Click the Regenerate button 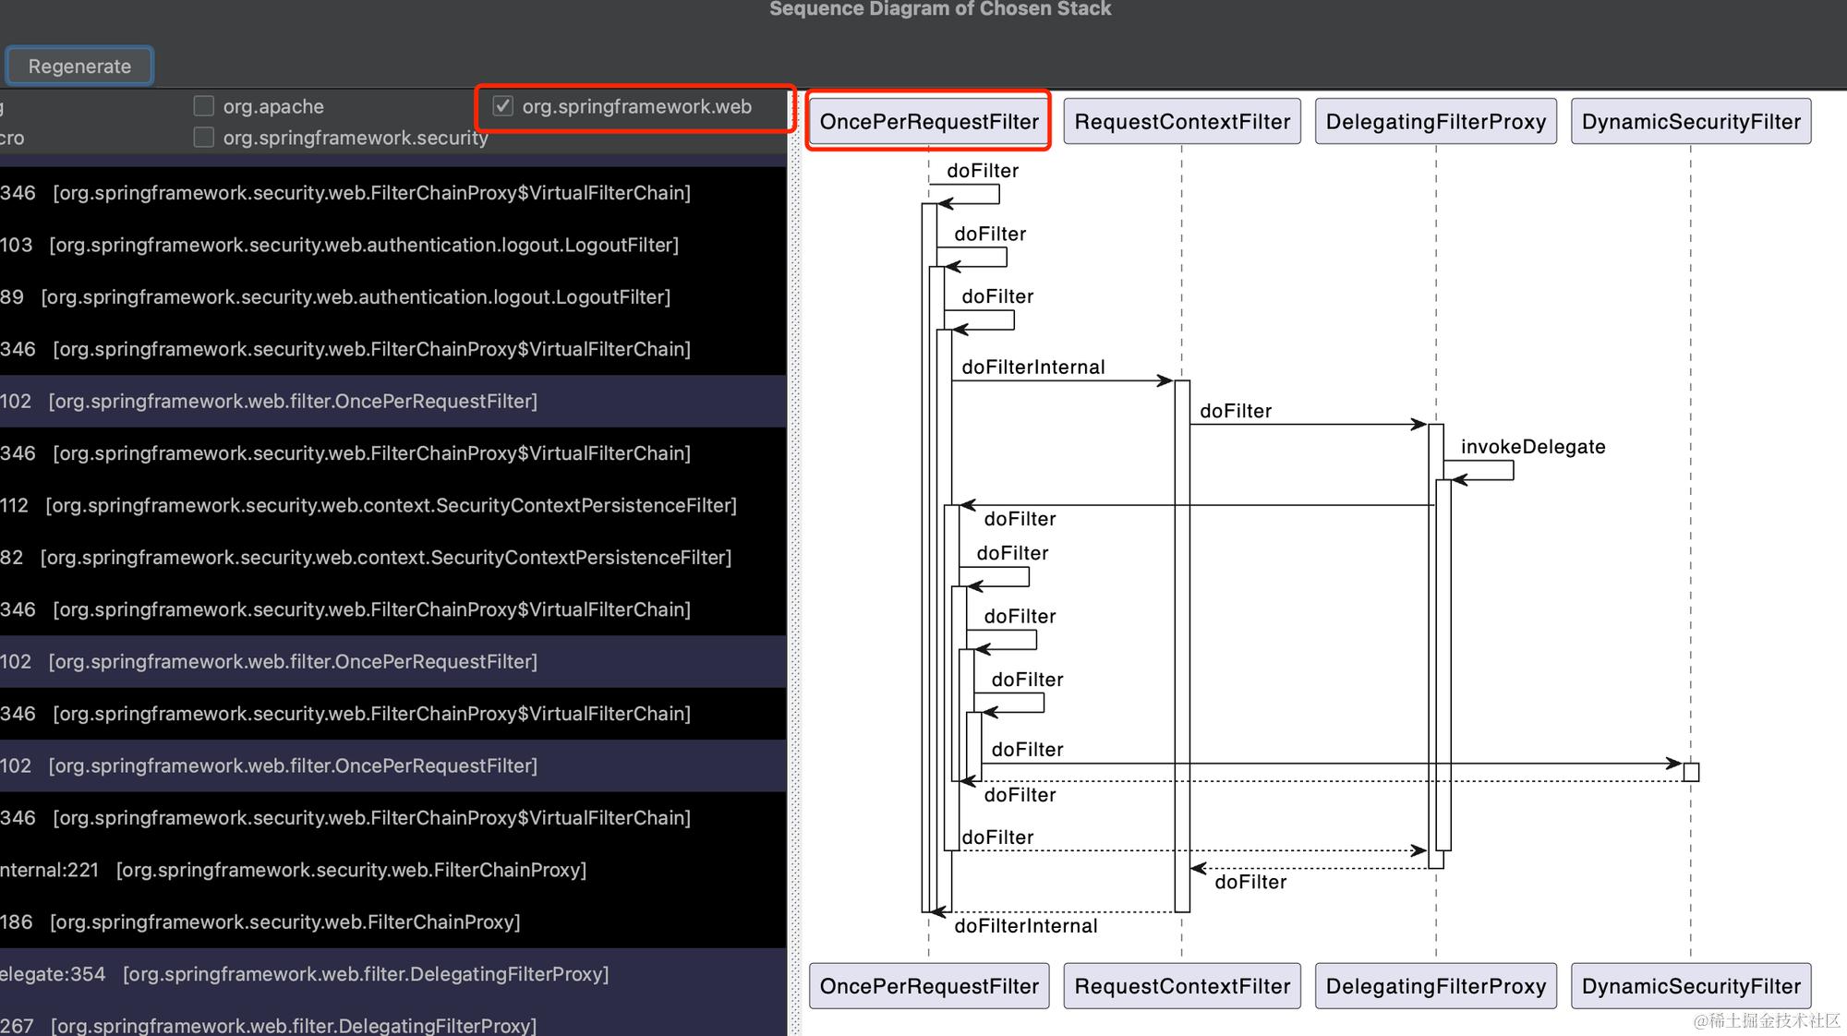79,66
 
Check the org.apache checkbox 204,106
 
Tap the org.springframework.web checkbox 503,106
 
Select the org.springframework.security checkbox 204,138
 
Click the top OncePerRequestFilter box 929,121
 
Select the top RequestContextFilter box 1182,121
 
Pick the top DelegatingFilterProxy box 1435,121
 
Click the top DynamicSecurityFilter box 1691,121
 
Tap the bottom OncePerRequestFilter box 929,986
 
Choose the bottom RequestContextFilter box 1182,986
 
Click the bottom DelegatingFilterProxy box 1435,986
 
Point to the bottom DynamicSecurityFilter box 1691,986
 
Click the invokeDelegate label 1533,447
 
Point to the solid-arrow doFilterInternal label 1032,367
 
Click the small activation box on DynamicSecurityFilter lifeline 1691,772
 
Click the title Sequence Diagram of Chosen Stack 940,9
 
